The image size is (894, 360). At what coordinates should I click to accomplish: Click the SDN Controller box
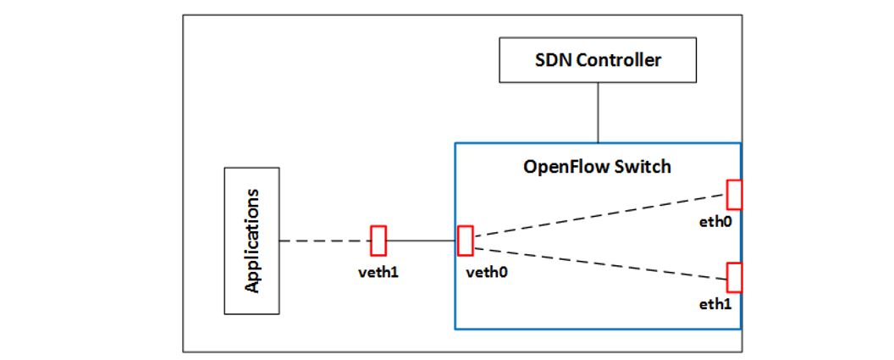click(x=598, y=60)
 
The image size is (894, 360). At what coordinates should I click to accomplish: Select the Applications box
click(x=251, y=241)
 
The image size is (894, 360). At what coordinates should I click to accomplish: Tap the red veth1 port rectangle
click(x=378, y=241)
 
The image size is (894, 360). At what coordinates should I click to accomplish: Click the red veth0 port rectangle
click(x=464, y=241)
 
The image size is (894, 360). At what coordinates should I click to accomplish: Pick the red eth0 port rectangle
click(x=734, y=194)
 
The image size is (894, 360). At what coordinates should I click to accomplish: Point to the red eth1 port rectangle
click(x=734, y=277)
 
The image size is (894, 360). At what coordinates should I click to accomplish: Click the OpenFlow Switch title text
click(x=597, y=166)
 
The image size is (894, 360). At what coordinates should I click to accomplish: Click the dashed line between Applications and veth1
click(x=326, y=241)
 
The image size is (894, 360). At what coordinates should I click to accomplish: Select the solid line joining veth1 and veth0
click(x=422, y=241)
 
